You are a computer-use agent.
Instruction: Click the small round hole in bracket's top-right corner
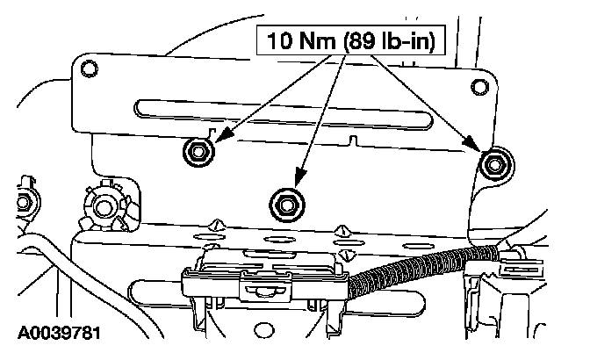[x=478, y=87]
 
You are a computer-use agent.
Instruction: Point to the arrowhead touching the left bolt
[x=219, y=139]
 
